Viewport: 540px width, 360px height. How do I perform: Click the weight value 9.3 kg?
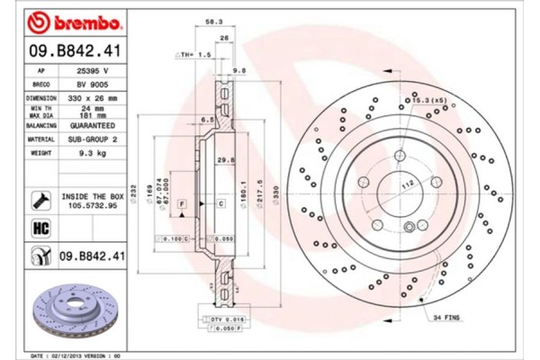click(x=91, y=154)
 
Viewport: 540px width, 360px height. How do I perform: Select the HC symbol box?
click(x=40, y=228)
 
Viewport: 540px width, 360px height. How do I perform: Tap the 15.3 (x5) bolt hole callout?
click(x=428, y=99)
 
